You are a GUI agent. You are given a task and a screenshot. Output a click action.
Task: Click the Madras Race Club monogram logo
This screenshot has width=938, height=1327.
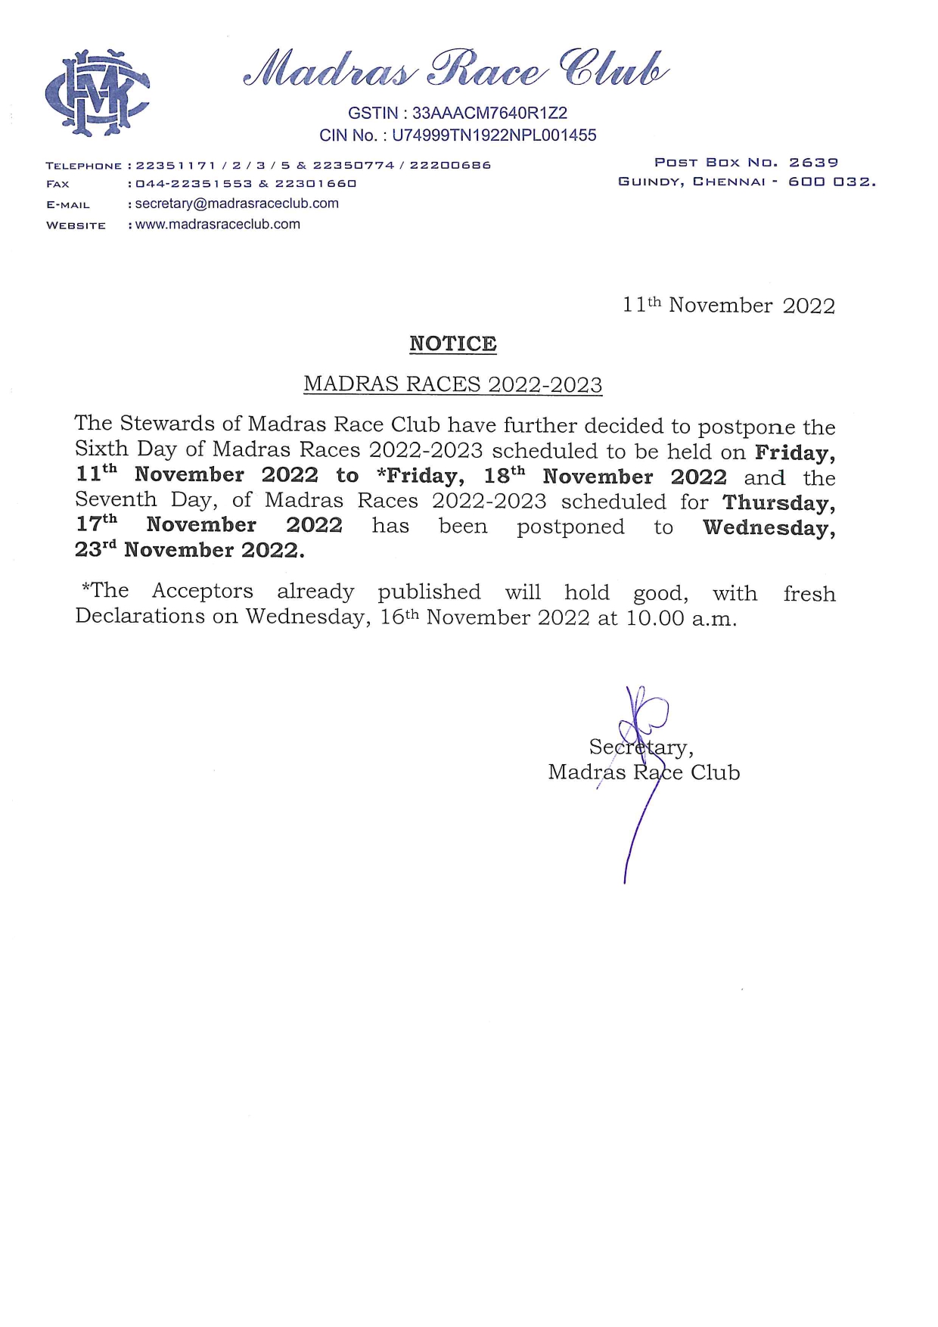point(97,92)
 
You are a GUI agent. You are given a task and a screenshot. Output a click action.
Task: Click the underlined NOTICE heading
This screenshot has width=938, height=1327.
point(452,343)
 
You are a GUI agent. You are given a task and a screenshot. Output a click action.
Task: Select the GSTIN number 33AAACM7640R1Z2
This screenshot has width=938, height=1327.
point(489,113)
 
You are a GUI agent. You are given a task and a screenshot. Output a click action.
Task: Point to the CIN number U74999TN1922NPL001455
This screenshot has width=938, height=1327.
point(494,135)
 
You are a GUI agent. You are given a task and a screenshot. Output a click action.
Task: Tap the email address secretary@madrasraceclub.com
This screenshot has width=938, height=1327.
point(237,204)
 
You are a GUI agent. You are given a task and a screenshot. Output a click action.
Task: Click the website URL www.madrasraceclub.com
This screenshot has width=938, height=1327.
point(218,225)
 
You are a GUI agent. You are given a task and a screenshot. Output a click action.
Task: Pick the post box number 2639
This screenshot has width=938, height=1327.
point(813,163)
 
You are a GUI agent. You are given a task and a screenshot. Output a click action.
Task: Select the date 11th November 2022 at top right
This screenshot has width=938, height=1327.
point(728,305)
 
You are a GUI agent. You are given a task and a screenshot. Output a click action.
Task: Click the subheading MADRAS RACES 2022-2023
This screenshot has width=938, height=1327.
point(452,384)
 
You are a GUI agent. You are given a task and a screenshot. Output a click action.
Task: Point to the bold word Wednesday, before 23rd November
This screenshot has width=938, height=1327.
point(769,527)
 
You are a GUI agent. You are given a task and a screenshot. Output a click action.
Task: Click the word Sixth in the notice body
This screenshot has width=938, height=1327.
point(101,449)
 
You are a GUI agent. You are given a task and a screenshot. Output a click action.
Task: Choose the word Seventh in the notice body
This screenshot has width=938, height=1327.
point(116,499)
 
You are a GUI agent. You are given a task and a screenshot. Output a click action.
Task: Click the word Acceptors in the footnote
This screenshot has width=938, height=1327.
point(202,591)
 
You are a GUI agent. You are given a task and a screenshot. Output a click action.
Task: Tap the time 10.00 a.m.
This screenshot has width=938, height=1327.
point(681,618)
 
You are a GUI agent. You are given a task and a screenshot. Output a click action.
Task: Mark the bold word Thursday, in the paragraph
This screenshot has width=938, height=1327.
point(778,502)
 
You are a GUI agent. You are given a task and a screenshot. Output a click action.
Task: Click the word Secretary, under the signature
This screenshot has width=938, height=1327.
point(641,747)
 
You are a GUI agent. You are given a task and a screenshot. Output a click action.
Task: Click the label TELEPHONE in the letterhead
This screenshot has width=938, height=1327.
point(83,166)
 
